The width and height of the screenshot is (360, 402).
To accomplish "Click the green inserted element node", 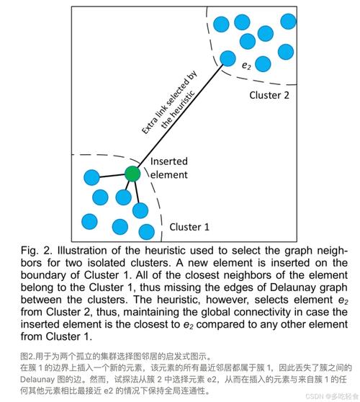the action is pos(132,174).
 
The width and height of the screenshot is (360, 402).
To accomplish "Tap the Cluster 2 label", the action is pos(269,95).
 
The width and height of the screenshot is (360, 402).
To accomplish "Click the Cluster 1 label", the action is pos(189,227).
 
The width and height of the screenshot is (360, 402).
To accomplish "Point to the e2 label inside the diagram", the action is pos(246,66).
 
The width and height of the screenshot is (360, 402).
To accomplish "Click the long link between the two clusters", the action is pos(181,115).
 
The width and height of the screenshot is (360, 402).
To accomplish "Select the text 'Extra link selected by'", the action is pos(169,102).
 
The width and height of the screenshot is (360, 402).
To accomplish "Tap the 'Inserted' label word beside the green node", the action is pos(169,161).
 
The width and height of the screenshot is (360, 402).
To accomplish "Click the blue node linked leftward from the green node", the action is pos(91,177).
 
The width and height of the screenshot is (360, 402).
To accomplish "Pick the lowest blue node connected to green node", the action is pos(140,210).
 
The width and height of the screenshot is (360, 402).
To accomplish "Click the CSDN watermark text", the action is pos(332,396).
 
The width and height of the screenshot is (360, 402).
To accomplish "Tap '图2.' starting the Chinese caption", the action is pos(27,356).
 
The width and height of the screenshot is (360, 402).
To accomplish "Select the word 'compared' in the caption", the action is pos(219,324).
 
